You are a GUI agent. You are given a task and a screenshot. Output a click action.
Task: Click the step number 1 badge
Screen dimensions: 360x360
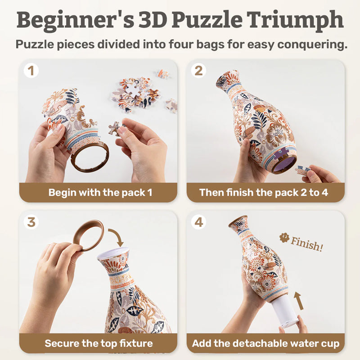coord(31,71)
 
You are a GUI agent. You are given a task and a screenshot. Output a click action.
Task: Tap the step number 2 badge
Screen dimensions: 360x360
coord(199,71)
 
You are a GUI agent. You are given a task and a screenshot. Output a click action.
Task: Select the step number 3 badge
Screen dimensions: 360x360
coord(31,222)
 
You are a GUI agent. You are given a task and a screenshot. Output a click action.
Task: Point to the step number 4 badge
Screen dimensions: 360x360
coord(199,222)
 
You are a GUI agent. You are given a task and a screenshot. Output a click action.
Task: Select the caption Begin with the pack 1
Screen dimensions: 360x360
coord(100,193)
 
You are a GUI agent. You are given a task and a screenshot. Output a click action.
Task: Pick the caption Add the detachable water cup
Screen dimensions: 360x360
coord(265,344)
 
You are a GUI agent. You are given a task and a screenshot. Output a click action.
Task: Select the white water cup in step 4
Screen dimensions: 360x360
coord(286,310)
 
